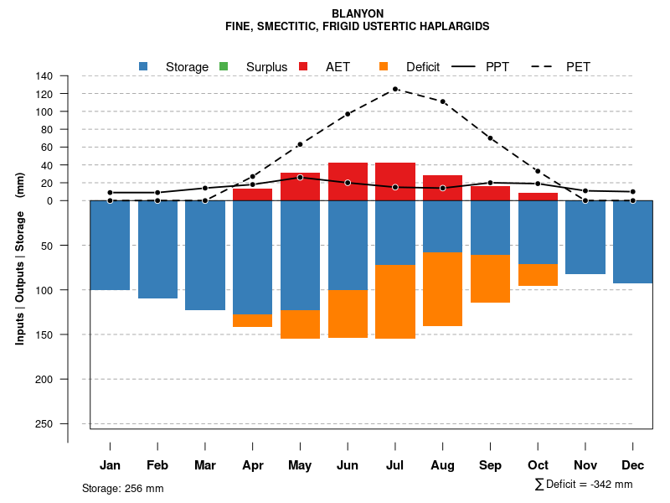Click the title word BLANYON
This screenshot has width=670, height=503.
coord(358,14)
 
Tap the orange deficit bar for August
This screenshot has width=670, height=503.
coord(443,289)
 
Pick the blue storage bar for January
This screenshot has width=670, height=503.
coord(110,245)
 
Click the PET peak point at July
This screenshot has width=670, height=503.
coord(395,89)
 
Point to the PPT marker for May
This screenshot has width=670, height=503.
coord(300,178)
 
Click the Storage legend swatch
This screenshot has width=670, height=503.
coord(143,66)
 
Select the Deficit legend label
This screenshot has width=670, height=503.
coord(423,67)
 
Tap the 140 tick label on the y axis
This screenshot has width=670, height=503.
coord(44,76)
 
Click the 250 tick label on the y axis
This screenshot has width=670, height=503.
coord(44,423)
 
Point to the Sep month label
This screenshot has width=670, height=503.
coord(491,465)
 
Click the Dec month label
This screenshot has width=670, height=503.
coord(633,465)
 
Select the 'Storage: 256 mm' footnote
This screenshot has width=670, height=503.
coord(122,488)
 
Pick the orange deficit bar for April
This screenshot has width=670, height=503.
coord(252,320)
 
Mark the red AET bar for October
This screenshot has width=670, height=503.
coord(539,197)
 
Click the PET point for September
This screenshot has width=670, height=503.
coord(490,137)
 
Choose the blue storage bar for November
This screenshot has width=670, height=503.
coord(585,237)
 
